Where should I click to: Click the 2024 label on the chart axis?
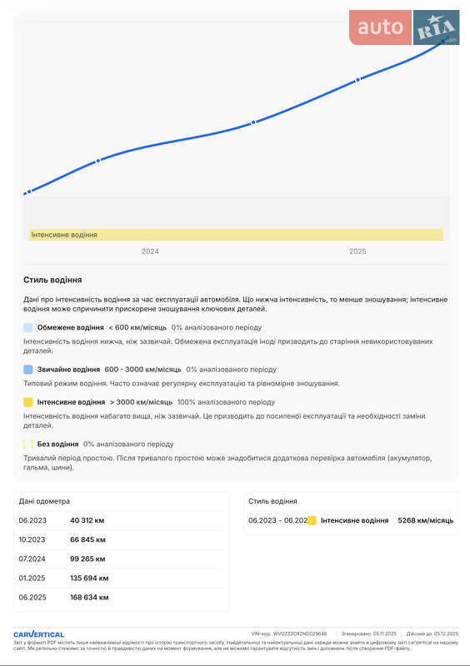pyautogui.click(x=150, y=251)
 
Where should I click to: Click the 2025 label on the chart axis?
pyautogui.click(x=357, y=251)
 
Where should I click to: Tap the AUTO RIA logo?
pyautogui.click(x=404, y=28)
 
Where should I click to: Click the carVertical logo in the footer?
pyautogui.click(x=39, y=634)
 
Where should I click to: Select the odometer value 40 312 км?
pyautogui.click(x=87, y=520)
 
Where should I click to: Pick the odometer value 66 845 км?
pyautogui.click(x=87, y=539)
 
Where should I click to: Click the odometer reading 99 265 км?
pyautogui.click(x=87, y=559)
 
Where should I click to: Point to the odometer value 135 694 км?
pyautogui.click(x=89, y=578)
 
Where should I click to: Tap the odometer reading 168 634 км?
pyautogui.click(x=89, y=597)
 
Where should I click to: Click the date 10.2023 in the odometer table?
pyautogui.click(x=32, y=539)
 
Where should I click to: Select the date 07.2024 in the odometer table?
pyautogui.click(x=32, y=559)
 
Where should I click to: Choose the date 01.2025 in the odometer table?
pyautogui.click(x=32, y=578)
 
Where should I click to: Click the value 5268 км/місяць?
pyautogui.click(x=425, y=520)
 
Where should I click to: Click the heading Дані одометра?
pyautogui.click(x=44, y=501)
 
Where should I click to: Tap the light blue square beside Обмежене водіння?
pyautogui.click(x=28, y=328)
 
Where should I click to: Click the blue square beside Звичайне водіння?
pyautogui.click(x=28, y=370)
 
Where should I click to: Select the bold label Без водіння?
pyautogui.click(x=58, y=445)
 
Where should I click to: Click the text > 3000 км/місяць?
pyautogui.click(x=141, y=402)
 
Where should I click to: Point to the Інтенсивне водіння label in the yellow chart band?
pyautogui.click(x=64, y=235)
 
